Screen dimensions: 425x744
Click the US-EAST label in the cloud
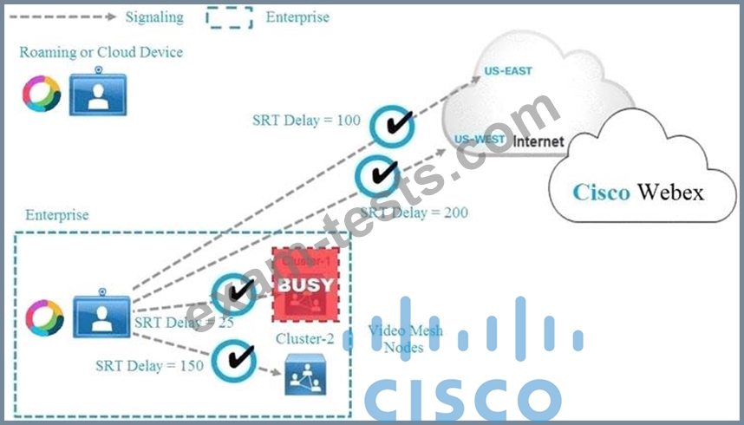[509, 71]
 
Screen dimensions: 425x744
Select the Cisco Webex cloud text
[637, 191]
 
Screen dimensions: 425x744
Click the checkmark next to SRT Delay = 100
[390, 127]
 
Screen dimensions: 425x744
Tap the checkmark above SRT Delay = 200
[378, 175]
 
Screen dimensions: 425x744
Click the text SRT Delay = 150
[150, 365]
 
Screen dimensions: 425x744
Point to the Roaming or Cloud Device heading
[101, 52]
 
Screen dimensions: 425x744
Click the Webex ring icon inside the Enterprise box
[45, 317]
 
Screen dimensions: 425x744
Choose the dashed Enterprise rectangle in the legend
[229, 16]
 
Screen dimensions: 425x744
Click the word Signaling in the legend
[153, 16]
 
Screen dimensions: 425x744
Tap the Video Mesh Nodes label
[405, 339]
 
